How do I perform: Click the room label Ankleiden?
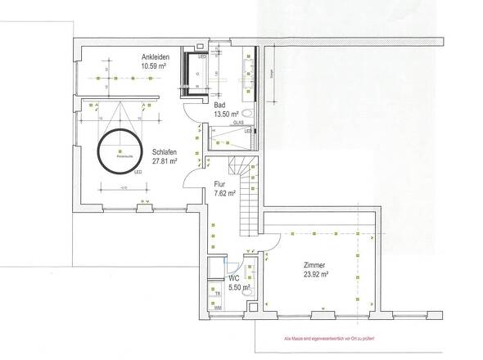point(156,56)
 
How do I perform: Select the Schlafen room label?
point(165,151)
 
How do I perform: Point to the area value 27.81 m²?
point(165,161)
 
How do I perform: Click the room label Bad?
point(219,106)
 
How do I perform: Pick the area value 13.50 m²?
point(226,115)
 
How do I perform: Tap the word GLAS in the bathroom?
point(238,123)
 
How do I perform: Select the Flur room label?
point(219,184)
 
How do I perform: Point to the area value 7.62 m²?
point(224,194)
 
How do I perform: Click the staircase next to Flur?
point(246,196)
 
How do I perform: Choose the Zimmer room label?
point(314,265)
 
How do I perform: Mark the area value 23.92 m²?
point(314,275)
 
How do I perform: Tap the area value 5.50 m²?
point(238,288)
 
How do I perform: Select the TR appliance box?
point(216,293)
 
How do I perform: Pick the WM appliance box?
point(216,307)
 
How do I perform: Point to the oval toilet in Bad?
point(247,115)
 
